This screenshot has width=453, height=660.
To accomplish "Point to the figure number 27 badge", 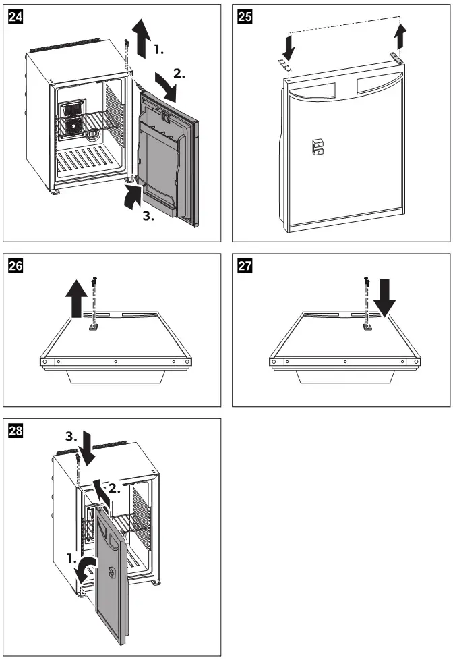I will [x=241, y=265].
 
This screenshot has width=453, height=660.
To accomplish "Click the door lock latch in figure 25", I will [x=317, y=146].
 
